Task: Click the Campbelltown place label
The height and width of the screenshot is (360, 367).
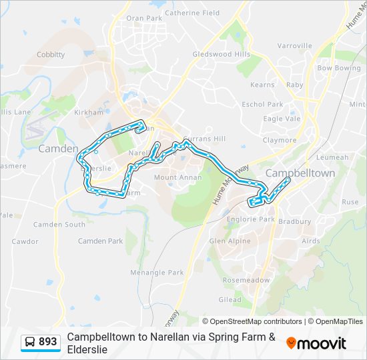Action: coord(300,173)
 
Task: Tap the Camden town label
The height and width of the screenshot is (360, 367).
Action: coord(58,149)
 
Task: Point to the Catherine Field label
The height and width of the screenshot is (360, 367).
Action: coord(192,13)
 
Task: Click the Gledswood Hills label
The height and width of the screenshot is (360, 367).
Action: coord(221,54)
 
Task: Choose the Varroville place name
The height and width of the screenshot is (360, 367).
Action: coord(294,46)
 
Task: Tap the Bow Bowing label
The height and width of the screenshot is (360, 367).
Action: coord(338,68)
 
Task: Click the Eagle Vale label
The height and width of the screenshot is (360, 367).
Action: coord(282,118)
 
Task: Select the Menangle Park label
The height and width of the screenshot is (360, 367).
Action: coord(157,272)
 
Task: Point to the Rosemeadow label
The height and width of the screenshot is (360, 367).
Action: coord(246,280)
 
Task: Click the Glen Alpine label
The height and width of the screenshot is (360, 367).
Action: coord(230,241)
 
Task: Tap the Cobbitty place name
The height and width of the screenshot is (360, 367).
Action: coord(51,55)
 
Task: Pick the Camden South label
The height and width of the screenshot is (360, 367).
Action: coord(59,225)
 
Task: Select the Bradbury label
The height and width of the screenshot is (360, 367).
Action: coord(294,221)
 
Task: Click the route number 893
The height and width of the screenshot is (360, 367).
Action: coord(48,342)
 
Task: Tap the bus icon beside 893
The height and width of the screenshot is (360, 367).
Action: coord(30,342)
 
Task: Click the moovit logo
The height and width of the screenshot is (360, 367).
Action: coord(316,343)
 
